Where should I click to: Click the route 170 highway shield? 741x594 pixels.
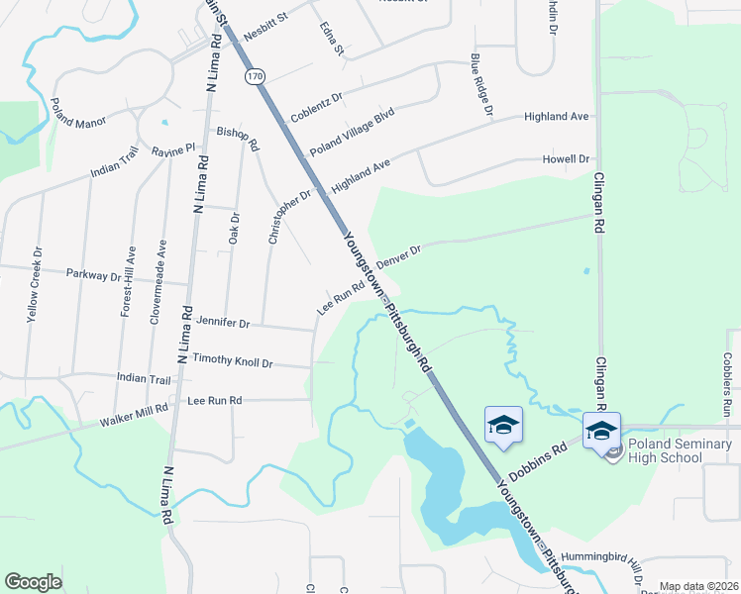256,75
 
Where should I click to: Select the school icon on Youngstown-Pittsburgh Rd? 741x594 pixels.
503,425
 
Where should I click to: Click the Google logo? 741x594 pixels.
34,581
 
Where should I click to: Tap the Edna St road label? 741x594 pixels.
332,39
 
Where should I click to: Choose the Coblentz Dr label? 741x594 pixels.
316,108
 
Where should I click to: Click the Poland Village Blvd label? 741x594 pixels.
352,132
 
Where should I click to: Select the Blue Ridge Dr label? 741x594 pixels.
481,83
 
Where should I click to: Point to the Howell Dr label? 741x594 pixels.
566,158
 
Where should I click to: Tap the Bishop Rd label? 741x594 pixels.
238,138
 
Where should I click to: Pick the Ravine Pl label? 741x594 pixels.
174,151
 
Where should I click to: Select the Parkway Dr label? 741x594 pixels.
93,274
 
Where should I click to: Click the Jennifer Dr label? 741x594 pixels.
223,322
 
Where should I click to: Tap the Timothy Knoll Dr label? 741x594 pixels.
232,360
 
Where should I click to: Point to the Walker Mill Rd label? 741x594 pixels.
134,416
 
